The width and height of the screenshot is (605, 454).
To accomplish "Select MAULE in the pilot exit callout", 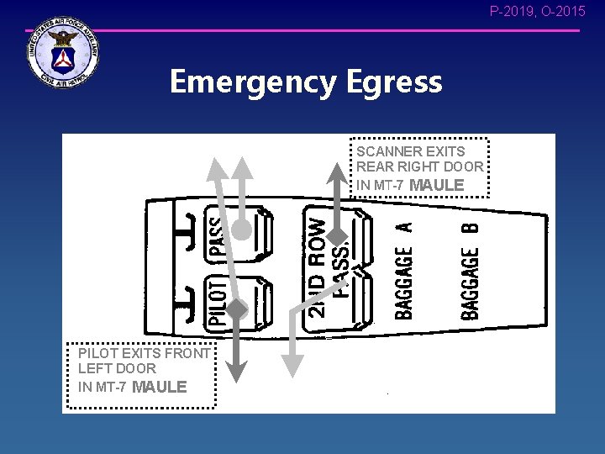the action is pos(159,387).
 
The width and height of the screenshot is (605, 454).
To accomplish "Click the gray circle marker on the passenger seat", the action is pos(242,229).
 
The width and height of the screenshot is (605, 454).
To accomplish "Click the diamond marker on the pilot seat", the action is pos(237,309).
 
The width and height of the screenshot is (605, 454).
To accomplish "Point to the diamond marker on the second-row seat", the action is pos(336,237).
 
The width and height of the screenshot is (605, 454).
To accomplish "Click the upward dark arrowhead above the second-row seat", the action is pos(336,172).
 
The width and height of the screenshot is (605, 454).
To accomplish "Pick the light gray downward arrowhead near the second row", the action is pos(292,364).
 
